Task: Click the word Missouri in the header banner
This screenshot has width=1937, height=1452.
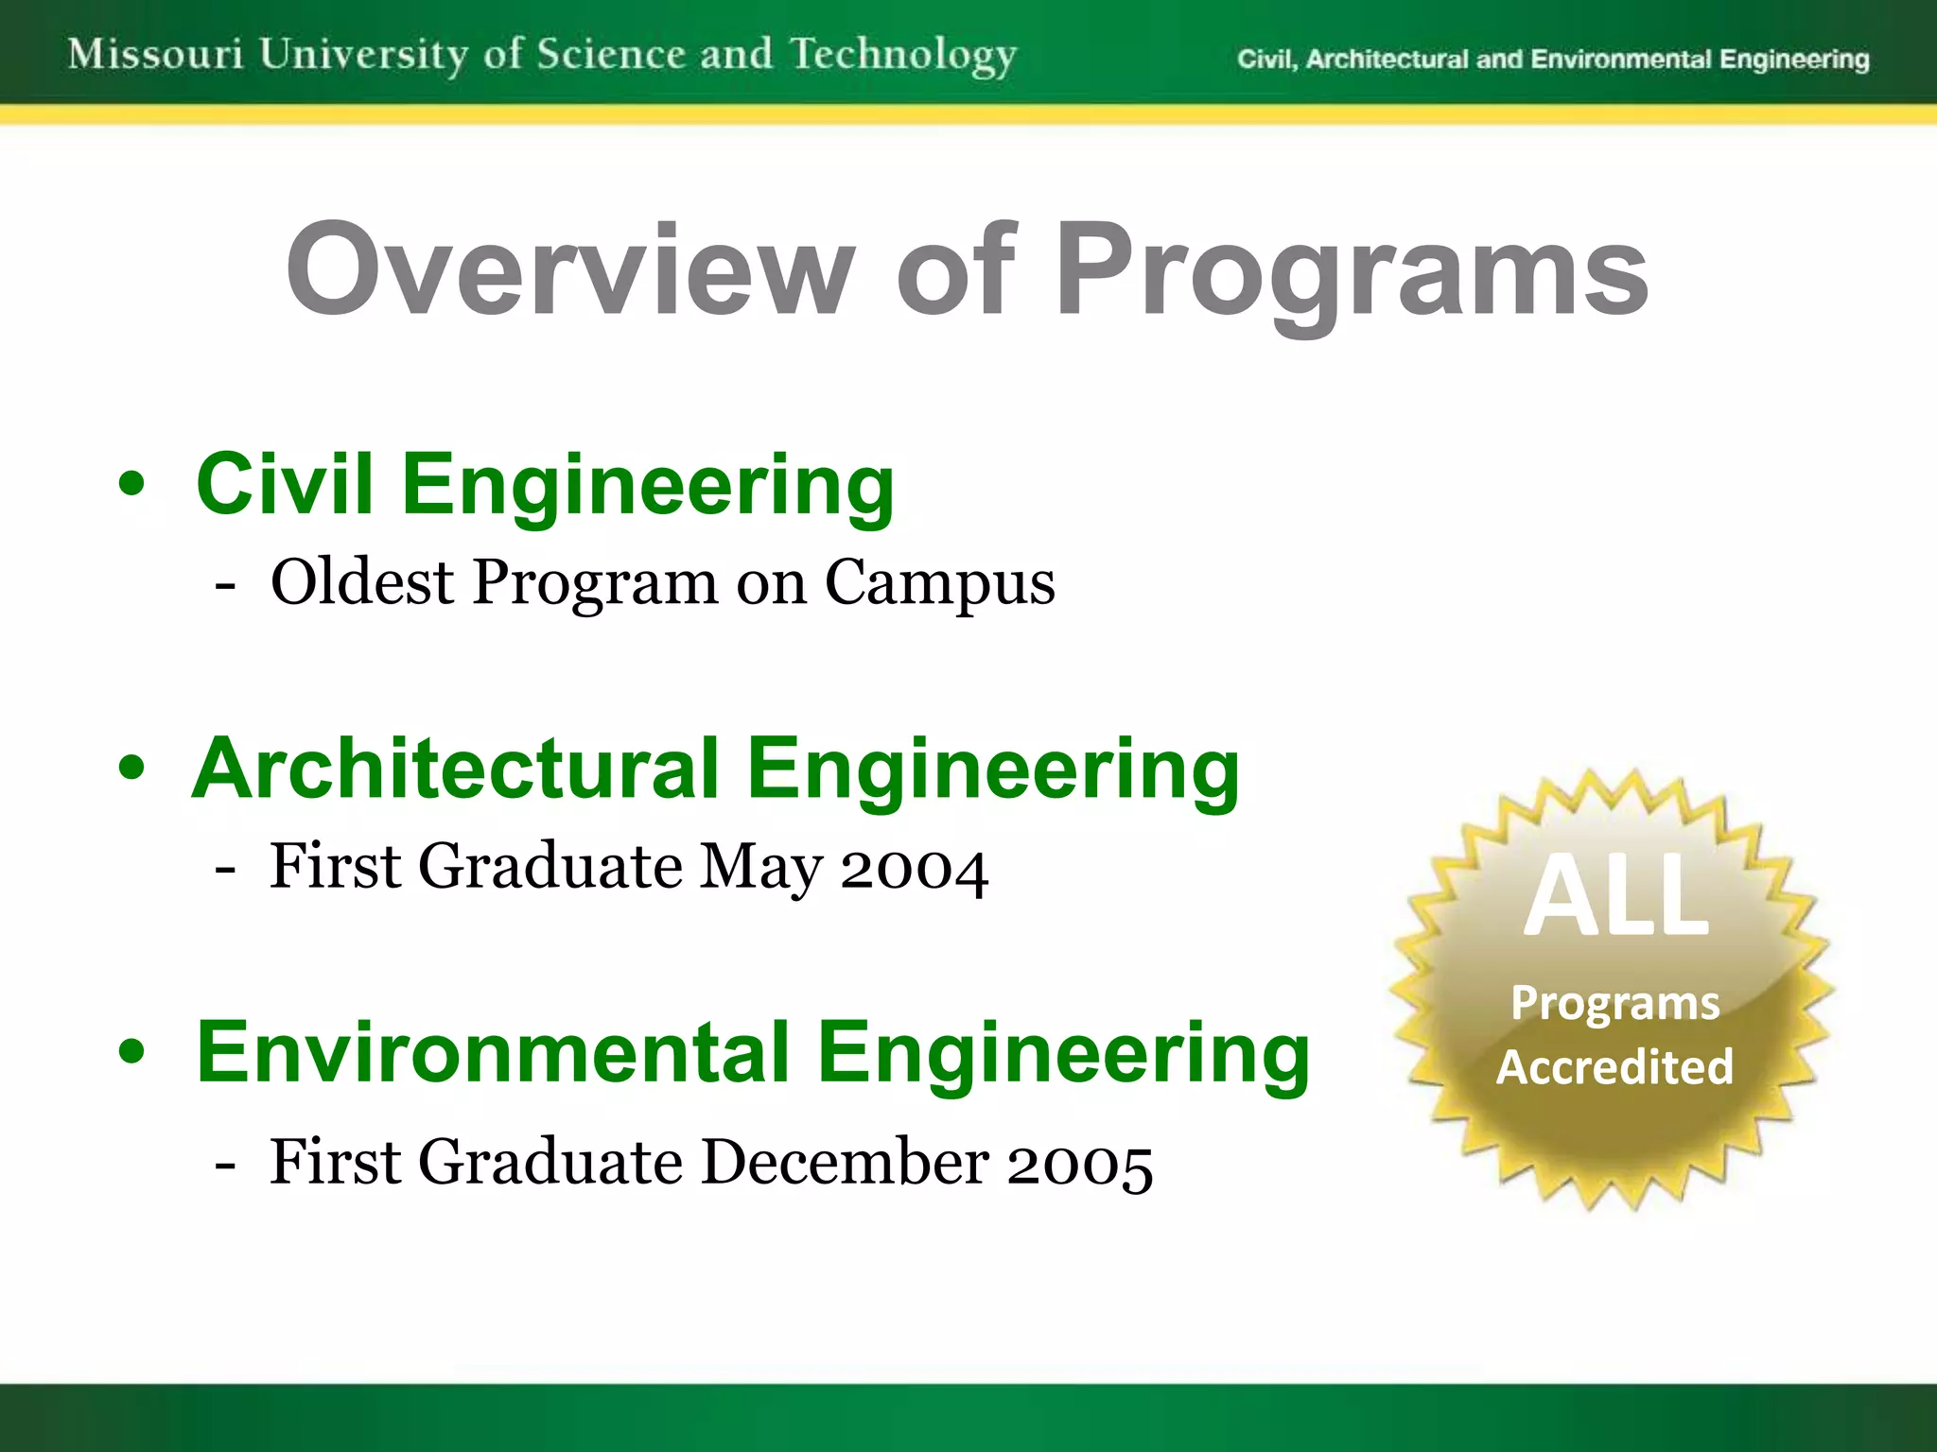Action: pyautogui.click(x=156, y=54)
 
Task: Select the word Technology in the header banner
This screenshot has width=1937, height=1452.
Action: pyautogui.click(x=903, y=56)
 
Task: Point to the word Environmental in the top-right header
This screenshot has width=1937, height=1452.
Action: pyautogui.click(x=1621, y=60)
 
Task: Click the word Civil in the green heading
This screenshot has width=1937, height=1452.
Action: pyautogui.click(x=285, y=484)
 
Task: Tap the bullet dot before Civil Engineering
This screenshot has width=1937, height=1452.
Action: pyautogui.click(x=132, y=484)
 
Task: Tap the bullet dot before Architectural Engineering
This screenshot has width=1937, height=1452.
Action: pyautogui.click(x=132, y=769)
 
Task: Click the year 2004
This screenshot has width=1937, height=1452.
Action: pyautogui.click(x=914, y=868)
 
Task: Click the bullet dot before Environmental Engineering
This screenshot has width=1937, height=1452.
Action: pyautogui.click(x=132, y=1052)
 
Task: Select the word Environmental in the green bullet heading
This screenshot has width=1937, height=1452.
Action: pyautogui.click(x=492, y=1052)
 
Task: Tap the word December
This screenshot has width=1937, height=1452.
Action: pyautogui.click(x=845, y=1162)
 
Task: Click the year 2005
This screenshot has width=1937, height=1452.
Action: pyautogui.click(x=1079, y=1164)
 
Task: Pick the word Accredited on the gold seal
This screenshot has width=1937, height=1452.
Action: pyautogui.click(x=1614, y=1067)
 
